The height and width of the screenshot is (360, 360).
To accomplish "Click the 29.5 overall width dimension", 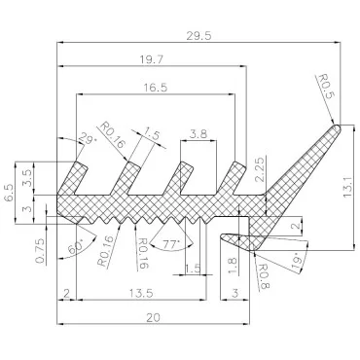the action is click(x=198, y=35).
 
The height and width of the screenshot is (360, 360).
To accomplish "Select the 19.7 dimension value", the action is click(x=152, y=59).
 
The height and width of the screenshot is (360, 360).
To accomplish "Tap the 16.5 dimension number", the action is click(x=156, y=88).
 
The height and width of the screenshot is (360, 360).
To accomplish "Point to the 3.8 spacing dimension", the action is click(x=198, y=134).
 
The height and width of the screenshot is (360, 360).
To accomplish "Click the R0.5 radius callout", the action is click(x=325, y=86).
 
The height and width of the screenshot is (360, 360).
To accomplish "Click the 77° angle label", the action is click(x=171, y=245).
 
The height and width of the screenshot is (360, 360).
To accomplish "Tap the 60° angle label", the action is click(x=76, y=246).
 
